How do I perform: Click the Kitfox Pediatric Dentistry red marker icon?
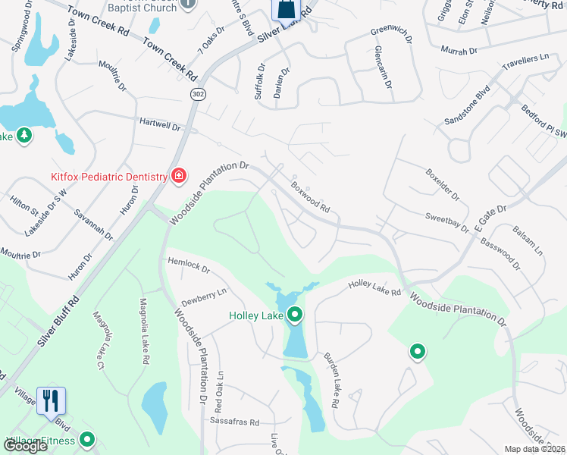(179, 177)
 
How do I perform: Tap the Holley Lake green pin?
(295, 314)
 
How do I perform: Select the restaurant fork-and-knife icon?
(52, 400)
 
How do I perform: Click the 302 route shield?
(197, 93)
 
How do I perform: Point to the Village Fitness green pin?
(88, 440)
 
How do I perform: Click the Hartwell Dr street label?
(159, 124)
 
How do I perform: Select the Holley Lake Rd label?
(374, 287)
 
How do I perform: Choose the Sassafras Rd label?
(235, 422)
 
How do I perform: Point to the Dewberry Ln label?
(203, 293)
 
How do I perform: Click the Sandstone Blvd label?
(468, 109)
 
